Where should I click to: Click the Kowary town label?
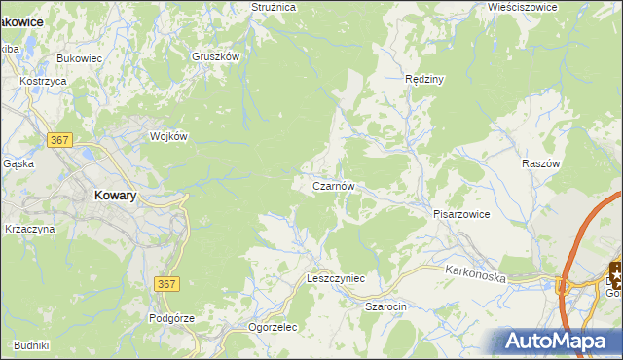coord(115,195)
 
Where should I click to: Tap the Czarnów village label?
coord(339,185)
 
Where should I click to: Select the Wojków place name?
coord(168,137)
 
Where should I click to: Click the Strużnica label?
coord(273,7)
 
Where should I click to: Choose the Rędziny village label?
coord(424,79)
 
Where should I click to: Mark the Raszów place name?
coord(541,164)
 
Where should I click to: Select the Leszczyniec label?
coord(336,278)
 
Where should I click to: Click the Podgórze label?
coord(172,318)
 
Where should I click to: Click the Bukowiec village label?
coord(80,59)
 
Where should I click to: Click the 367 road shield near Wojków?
coord(59,141)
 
